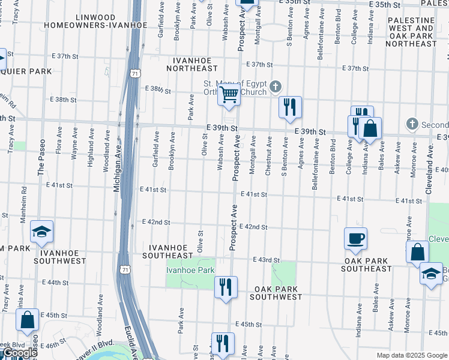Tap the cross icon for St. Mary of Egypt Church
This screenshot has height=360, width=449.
pos(276,88)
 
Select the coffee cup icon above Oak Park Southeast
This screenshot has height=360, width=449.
pos(355,238)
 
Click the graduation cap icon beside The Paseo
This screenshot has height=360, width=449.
pos(41,231)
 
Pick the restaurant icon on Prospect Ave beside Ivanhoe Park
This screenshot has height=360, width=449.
pos(226,286)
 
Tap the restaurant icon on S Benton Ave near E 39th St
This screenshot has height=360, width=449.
pos(290,107)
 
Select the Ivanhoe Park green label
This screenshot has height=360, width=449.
pos(190,270)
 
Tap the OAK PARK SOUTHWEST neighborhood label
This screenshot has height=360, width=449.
pos(276,293)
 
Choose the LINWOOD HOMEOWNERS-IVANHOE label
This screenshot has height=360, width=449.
pos(95,21)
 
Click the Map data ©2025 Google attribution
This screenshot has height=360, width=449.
pos(411,355)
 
